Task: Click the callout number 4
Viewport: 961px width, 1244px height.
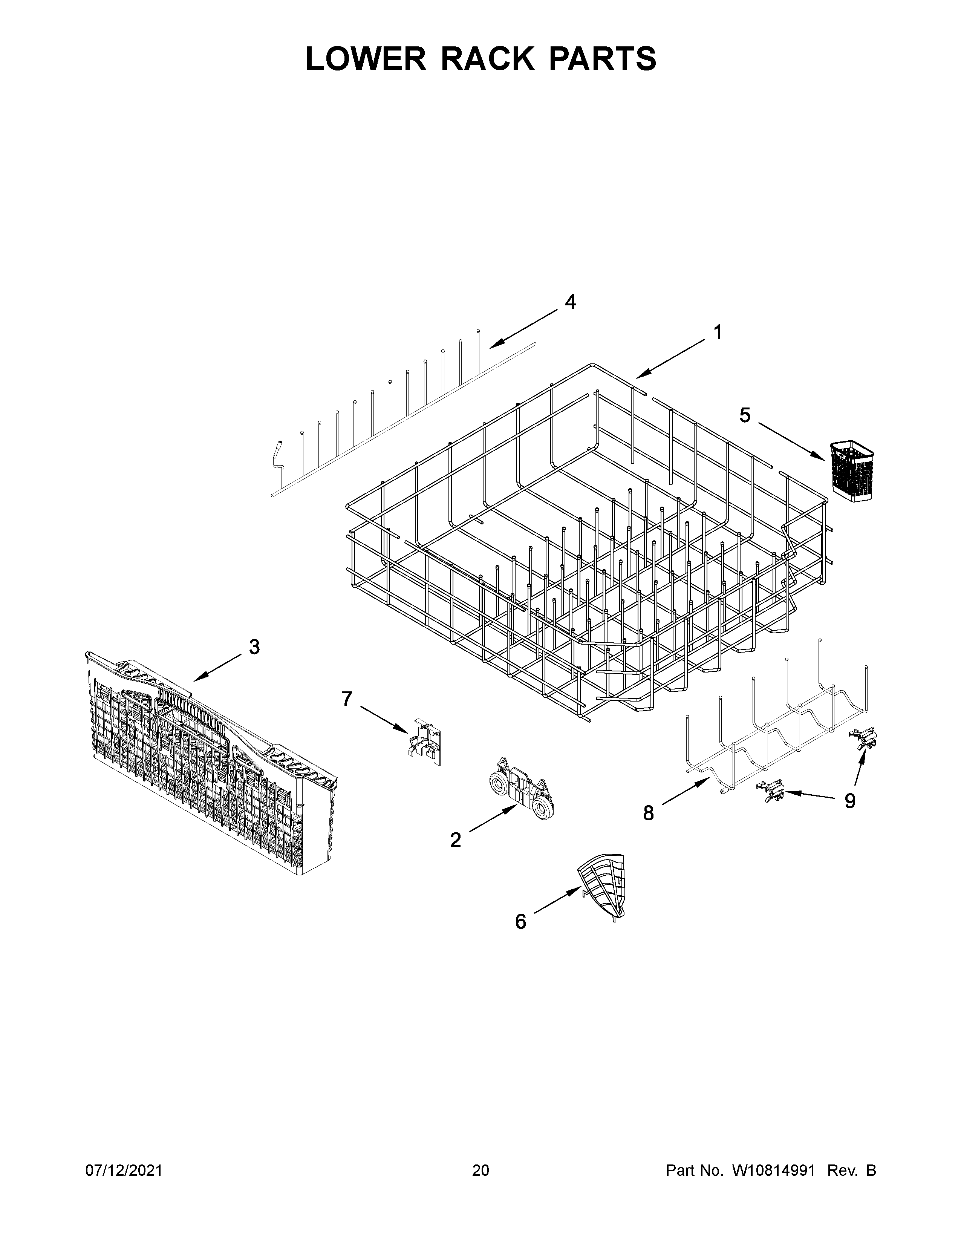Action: [x=570, y=302]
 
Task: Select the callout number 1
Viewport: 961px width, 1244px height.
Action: [x=718, y=332]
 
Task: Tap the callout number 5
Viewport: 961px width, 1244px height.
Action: [x=745, y=416]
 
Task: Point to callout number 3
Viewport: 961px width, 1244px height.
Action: [x=254, y=647]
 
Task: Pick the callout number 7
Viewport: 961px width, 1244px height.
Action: [x=347, y=699]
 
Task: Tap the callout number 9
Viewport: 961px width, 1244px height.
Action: [x=849, y=801]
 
